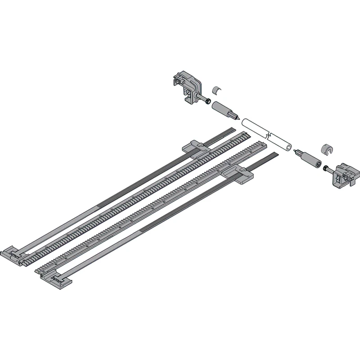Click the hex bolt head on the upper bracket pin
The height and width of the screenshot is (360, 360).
click(207, 100)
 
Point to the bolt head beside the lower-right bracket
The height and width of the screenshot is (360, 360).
click(325, 168)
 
